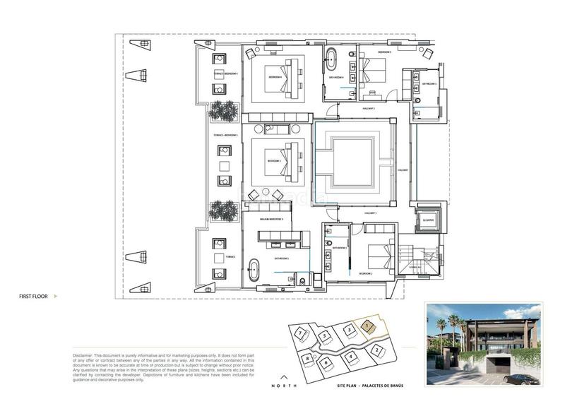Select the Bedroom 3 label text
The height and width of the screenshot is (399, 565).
pos(275,162)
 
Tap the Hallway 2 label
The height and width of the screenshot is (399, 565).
pos(368,109)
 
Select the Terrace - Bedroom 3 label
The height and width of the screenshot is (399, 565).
pos(226,135)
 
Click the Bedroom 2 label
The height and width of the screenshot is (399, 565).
pos(365,273)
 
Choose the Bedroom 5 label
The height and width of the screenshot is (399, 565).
pos(384,52)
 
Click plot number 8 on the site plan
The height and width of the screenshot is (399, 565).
pos(309,359)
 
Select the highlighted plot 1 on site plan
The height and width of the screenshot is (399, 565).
pos(367,326)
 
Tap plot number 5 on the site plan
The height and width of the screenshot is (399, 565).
pos(324,336)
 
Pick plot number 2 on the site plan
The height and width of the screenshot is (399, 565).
pos(378,350)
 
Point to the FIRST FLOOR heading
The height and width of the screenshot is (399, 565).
pos(33,297)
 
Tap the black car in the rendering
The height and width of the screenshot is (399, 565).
pos(523,379)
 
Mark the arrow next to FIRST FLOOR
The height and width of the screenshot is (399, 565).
pos(55,297)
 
